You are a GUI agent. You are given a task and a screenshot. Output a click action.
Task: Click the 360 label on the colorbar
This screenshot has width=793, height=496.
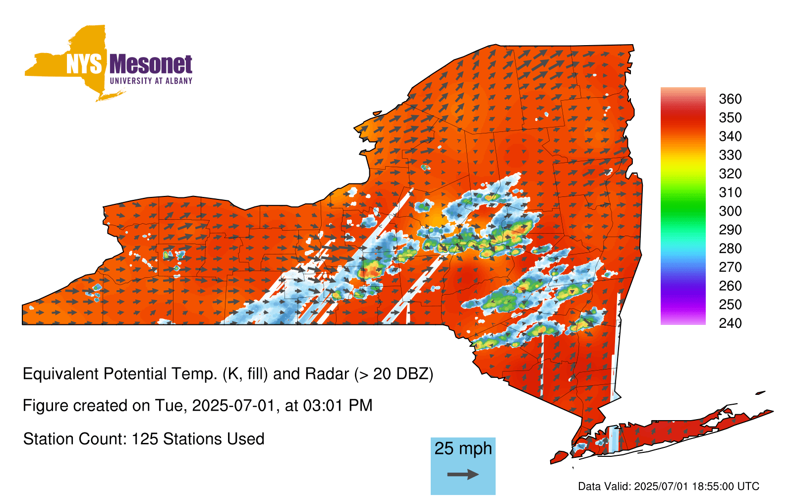[x=730, y=99]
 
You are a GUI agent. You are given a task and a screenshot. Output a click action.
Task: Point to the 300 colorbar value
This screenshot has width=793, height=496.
[x=730, y=211]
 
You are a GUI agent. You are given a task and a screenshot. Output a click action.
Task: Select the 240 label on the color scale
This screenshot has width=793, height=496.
[x=730, y=323]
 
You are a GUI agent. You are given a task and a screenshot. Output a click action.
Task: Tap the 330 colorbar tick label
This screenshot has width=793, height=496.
[x=730, y=155]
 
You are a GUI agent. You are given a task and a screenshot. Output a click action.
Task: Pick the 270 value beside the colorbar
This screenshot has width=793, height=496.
[x=730, y=267]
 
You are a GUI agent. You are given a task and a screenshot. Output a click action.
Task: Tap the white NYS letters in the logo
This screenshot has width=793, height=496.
[x=84, y=64]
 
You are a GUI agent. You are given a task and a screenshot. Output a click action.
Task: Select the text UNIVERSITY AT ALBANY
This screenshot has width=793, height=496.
[x=151, y=81]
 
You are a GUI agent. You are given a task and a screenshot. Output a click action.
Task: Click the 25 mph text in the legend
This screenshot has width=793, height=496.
[x=463, y=448]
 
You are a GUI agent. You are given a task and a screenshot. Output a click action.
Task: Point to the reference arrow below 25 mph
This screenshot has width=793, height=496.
[x=463, y=474]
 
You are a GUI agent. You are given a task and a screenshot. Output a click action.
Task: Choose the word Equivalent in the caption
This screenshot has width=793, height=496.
[x=60, y=374]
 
